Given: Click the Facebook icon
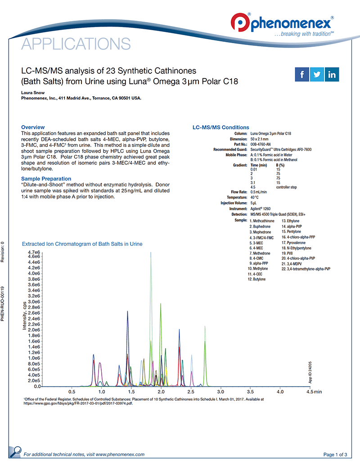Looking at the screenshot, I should tap(301, 74).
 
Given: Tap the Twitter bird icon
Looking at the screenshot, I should tap(317, 74).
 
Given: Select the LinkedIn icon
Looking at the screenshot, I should tap(332, 74).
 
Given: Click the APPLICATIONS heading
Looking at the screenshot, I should tap(76, 44).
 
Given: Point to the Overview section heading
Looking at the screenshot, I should tap(33, 127).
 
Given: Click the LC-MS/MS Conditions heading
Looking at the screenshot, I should tap(220, 127).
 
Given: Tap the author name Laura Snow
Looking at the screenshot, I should tap(33, 93).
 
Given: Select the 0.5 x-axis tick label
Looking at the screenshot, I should tap(72, 392).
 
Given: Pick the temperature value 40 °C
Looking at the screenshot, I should tap(255, 198).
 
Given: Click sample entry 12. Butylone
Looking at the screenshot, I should tap(256, 279).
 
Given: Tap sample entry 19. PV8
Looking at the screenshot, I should tap(287, 253).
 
